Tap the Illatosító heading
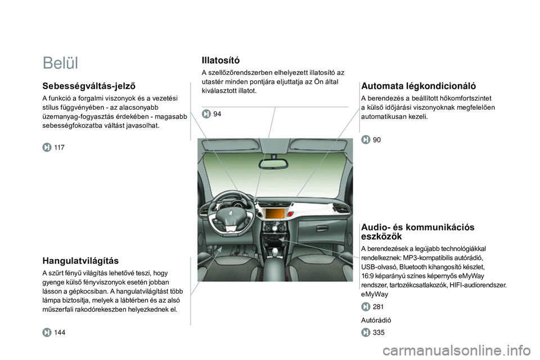(x=220, y=60)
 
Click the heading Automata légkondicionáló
(x=418, y=86)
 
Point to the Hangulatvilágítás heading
(x=80, y=261)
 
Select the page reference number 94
(x=217, y=114)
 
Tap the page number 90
(x=377, y=139)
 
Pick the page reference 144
(x=60, y=332)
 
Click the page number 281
(x=378, y=306)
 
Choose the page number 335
(x=378, y=333)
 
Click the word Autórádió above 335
(x=376, y=320)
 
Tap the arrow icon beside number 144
(x=47, y=332)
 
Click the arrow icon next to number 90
(x=366, y=139)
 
